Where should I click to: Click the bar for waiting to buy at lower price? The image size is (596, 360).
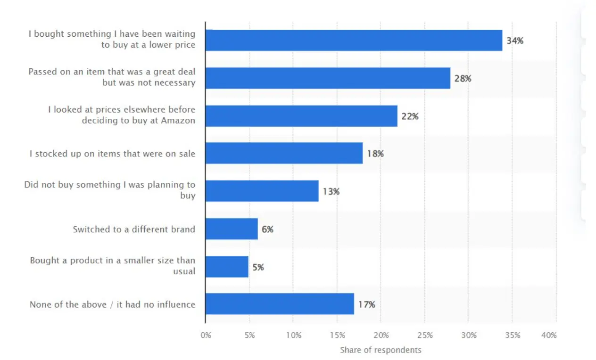[354, 41]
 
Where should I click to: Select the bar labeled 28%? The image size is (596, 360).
[328, 78]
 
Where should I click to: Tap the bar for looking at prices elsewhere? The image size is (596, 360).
[301, 116]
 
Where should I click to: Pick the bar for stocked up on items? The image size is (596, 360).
[284, 154]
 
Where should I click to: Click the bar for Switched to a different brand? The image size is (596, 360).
[232, 229]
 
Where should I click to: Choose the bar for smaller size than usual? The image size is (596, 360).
[227, 267]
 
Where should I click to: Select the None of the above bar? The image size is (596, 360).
[280, 304]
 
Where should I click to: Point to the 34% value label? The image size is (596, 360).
[515, 41]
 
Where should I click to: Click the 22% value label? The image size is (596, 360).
[410, 116]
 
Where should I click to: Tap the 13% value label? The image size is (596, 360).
[331, 192]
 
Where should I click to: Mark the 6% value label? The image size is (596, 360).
[267, 229]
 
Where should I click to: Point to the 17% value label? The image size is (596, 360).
[366, 305]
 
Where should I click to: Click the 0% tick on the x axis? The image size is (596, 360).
[206, 335]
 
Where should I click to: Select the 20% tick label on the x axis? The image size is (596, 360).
[381, 335]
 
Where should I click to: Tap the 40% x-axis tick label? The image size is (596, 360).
[549, 335]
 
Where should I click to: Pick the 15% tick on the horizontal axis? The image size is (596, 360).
[337, 335]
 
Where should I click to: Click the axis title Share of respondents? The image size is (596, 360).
[381, 350]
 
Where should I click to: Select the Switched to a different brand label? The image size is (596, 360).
[134, 229]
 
